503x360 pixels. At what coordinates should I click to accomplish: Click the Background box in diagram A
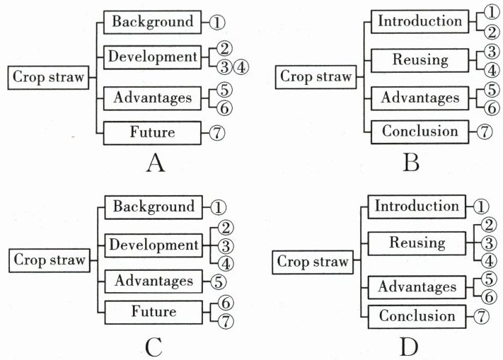coord(153,21)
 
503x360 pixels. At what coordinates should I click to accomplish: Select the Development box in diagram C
coord(153,245)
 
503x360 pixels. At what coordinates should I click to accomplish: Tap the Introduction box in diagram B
coord(420,21)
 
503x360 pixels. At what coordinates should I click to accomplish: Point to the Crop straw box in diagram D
coord(313,262)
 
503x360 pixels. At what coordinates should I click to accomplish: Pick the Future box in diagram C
coord(153,311)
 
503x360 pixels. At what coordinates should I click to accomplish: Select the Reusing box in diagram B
coord(420,59)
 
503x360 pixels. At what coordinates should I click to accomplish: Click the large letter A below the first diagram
coord(155,164)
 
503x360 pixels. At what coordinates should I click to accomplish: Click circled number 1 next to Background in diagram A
coord(216,22)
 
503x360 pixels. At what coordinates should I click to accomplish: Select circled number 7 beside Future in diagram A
coord(216,132)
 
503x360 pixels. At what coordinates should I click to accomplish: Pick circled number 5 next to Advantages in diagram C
coord(216,281)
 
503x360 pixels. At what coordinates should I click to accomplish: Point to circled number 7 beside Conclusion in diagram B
coord(484,132)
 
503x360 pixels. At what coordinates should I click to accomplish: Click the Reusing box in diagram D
coord(417,243)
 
